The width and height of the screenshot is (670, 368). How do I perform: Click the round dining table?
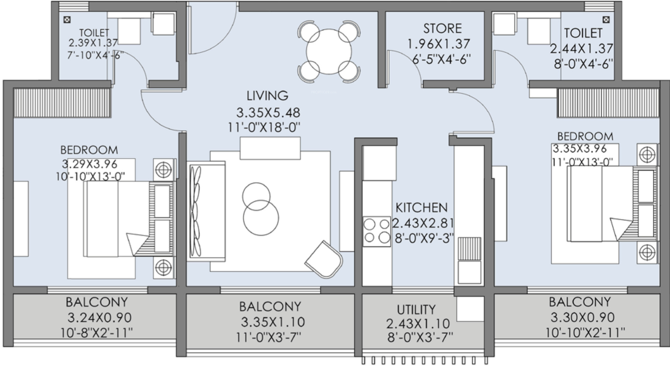pos(329,52)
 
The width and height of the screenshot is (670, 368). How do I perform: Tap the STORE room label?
pos(442,28)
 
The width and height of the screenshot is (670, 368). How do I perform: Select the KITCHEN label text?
pos(422,207)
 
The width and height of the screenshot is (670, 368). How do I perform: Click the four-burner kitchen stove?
pos(377,231)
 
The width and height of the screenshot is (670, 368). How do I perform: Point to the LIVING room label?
pos(267,95)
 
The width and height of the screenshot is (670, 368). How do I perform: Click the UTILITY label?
pos(416,309)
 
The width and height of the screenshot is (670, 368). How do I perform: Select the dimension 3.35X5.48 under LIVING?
pos(268,112)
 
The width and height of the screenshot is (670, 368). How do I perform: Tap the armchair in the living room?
pos(324,259)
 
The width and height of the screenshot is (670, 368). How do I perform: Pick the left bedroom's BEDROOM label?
pos(89,150)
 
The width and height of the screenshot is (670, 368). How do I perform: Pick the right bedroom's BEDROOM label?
pos(585,136)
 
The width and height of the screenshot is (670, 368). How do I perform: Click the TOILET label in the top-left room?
pos(94,33)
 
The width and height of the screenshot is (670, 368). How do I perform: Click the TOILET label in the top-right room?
pos(583,33)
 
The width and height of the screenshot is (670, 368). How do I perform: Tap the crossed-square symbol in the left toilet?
pos(67,20)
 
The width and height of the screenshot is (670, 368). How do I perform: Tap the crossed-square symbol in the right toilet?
pos(606,19)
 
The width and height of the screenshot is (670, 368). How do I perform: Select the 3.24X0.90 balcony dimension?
pos(100,317)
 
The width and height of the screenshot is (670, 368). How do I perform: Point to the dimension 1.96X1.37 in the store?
pos(439,44)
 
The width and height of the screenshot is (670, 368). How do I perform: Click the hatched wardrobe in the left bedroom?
pos(62,102)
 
